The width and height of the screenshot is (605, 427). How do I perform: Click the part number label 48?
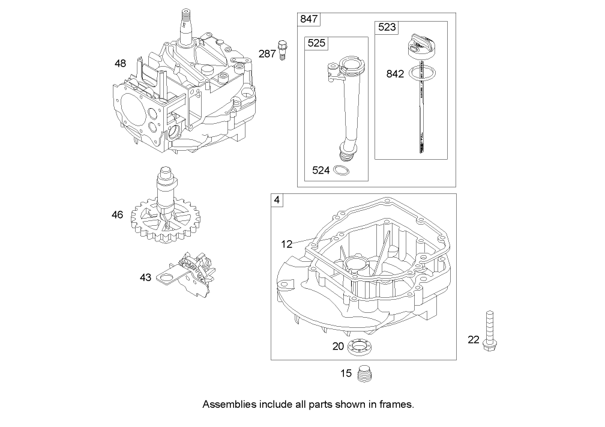(120, 62)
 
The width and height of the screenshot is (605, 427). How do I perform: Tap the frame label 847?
(309, 19)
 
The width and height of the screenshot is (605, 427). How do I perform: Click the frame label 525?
(316, 43)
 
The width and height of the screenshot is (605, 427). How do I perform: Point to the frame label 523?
(387, 28)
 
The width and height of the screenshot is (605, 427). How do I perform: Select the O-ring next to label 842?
(421, 74)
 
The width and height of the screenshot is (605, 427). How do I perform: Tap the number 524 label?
(321, 171)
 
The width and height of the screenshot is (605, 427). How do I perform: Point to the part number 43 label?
(145, 277)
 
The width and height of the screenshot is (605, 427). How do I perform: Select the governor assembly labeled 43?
(188, 274)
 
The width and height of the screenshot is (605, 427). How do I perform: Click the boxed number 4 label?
(277, 200)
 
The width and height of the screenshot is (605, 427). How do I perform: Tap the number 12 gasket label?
(287, 244)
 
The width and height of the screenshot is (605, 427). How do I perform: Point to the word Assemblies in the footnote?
(228, 404)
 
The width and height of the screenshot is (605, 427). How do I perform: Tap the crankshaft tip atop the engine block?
(185, 18)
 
